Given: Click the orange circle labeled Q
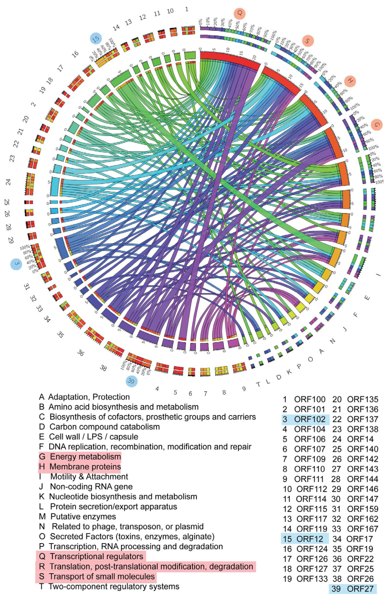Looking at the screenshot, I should (x=240, y=13).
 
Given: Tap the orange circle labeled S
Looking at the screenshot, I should (x=308, y=41).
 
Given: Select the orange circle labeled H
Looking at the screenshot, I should (x=350, y=81).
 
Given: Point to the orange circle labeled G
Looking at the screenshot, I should (x=377, y=125).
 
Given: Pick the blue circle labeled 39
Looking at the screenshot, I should (x=131, y=381).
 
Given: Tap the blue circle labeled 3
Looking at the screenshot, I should (x=16, y=264).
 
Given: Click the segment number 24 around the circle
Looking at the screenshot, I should (x=8, y=182).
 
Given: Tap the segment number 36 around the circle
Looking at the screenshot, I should (x=81, y=353).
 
